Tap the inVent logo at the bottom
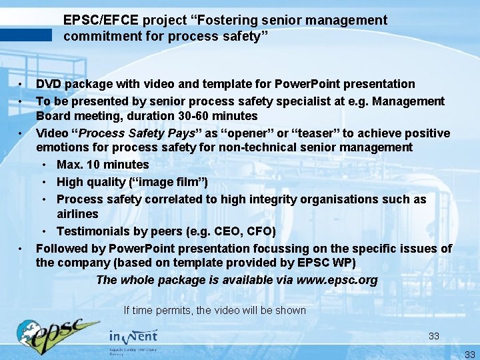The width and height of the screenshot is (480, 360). [133, 337]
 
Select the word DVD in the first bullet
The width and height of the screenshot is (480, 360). [48, 84]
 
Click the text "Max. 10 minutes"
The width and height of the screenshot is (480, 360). [103, 165]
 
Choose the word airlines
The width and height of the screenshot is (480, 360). [77, 214]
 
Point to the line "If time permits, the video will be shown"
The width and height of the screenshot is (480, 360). [215, 310]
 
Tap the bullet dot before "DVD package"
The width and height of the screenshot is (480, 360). [21, 84]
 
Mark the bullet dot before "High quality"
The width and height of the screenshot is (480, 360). [43, 182]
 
